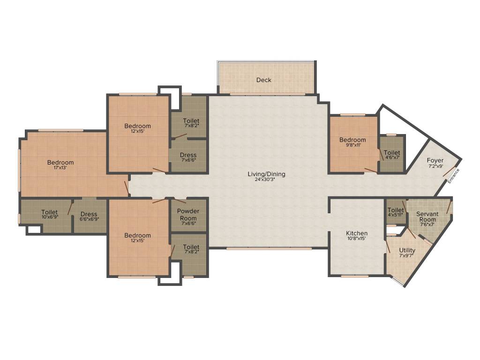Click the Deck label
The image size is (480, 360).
(x=264, y=80)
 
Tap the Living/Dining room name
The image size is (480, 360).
(x=266, y=174)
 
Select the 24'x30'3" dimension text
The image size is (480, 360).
(x=266, y=180)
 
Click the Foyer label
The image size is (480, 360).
(x=435, y=161)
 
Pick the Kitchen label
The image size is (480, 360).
(x=357, y=233)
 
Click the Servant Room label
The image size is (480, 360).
(x=427, y=217)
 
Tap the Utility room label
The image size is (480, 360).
(x=407, y=251)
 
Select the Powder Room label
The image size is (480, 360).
(x=188, y=215)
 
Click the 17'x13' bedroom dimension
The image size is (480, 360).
(x=60, y=168)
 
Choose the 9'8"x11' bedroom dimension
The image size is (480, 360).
(x=352, y=145)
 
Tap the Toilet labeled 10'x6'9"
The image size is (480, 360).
(x=49, y=212)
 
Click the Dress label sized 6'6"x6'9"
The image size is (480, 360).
(x=89, y=214)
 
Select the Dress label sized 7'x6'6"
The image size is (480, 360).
(x=188, y=155)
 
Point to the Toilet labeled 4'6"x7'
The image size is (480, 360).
(x=392, y=153)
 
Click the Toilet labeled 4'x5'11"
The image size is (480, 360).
(x=396, y=210)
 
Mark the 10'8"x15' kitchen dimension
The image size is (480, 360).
(x=357, y=239)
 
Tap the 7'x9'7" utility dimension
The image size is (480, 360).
(x=407, y=256)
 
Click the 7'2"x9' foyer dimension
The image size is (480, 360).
(x=435, y=166)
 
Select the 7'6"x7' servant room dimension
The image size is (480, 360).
(x=427, y=225)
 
